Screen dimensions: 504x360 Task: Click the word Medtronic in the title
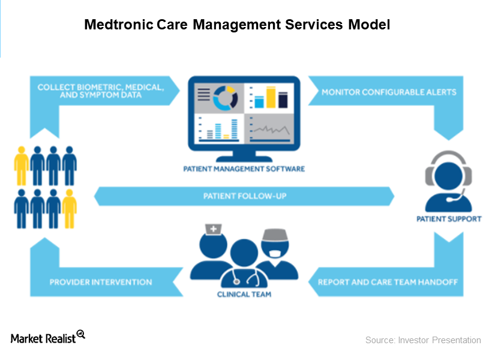pyautogui.click(x=119, y=25)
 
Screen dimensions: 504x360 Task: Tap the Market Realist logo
pyautogui.click(x=48, y=337)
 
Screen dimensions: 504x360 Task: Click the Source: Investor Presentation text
pyautogui.click(x=423, y=340)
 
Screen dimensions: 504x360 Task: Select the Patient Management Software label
pyautogui.click(x=244, y=169)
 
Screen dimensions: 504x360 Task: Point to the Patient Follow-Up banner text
pyautogui.click(x=245, y=196)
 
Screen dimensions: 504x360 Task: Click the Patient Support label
pyautogui.click(x=449, y=219)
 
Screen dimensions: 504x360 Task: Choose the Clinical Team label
pyautogui.click(x=244, y=294)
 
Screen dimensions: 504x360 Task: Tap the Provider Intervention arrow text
pyautogui.click(x=101, y=282)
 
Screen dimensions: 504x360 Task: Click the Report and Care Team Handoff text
pyautogui.click(x=388, y=282)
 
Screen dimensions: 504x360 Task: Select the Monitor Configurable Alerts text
pyautogui.click(x=389, y=92)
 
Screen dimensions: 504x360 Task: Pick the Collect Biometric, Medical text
pyautogui.click(x=101, y=87)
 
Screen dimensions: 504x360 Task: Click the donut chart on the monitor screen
pyautogui.click(x=226, y=98)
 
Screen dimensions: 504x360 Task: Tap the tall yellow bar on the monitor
pyautogui.click(x=271, y=97)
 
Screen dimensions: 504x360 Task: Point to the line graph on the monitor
pyautogui.click(x=272, y=130)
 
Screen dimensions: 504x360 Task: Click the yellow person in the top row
pyautogui.click(x=22, y=166)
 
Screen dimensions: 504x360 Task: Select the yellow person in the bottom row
pyautogui.click(x=70, y=209)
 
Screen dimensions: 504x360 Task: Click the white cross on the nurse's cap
pyautogui.click(x=213, y=229)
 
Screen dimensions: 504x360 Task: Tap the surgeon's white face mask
pyautogui.click(x=275, y=254)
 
